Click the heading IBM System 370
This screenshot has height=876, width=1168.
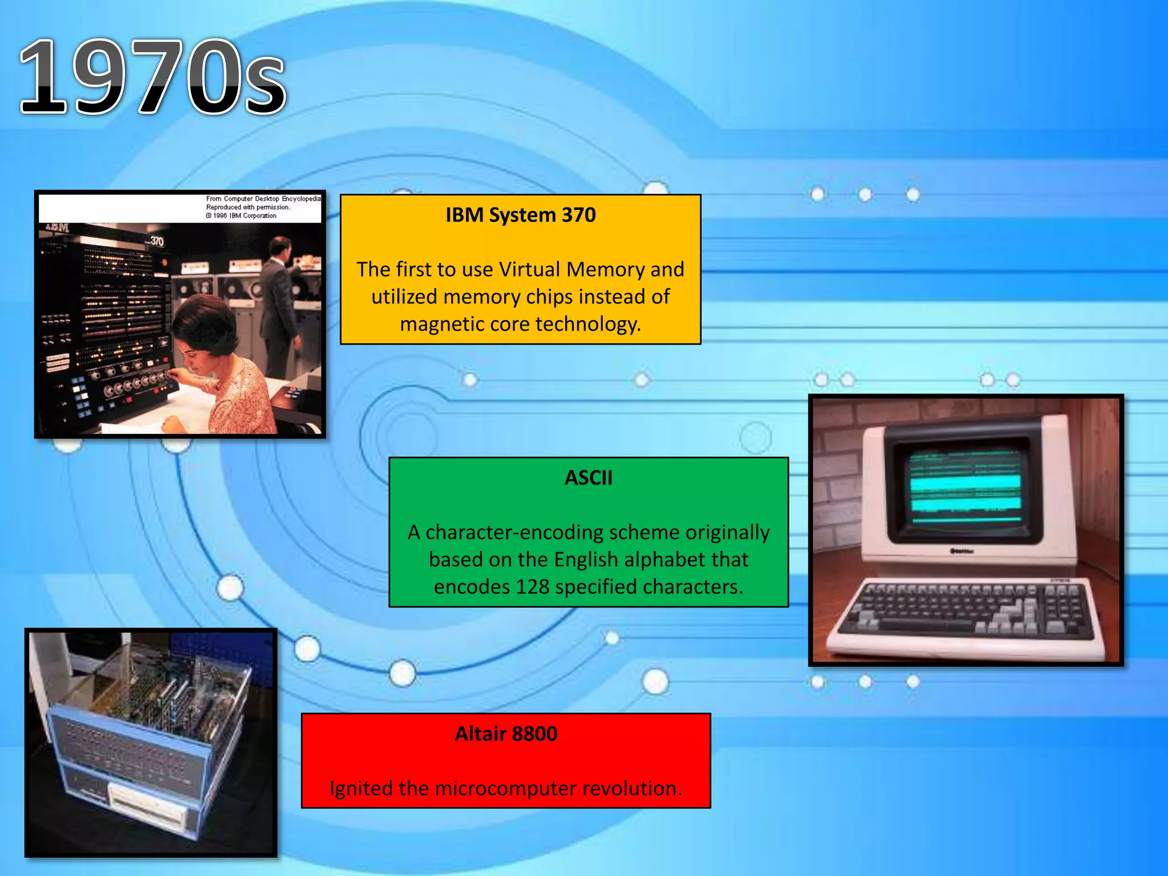click(x=520, y=215)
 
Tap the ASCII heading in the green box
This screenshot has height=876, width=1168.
click(x=588, y=477)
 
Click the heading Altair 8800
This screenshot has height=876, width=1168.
click(x=506, y=733)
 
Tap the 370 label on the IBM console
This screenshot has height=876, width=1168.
click(x=157, y=242)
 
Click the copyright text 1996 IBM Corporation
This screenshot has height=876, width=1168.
click(x=244, y=216)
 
